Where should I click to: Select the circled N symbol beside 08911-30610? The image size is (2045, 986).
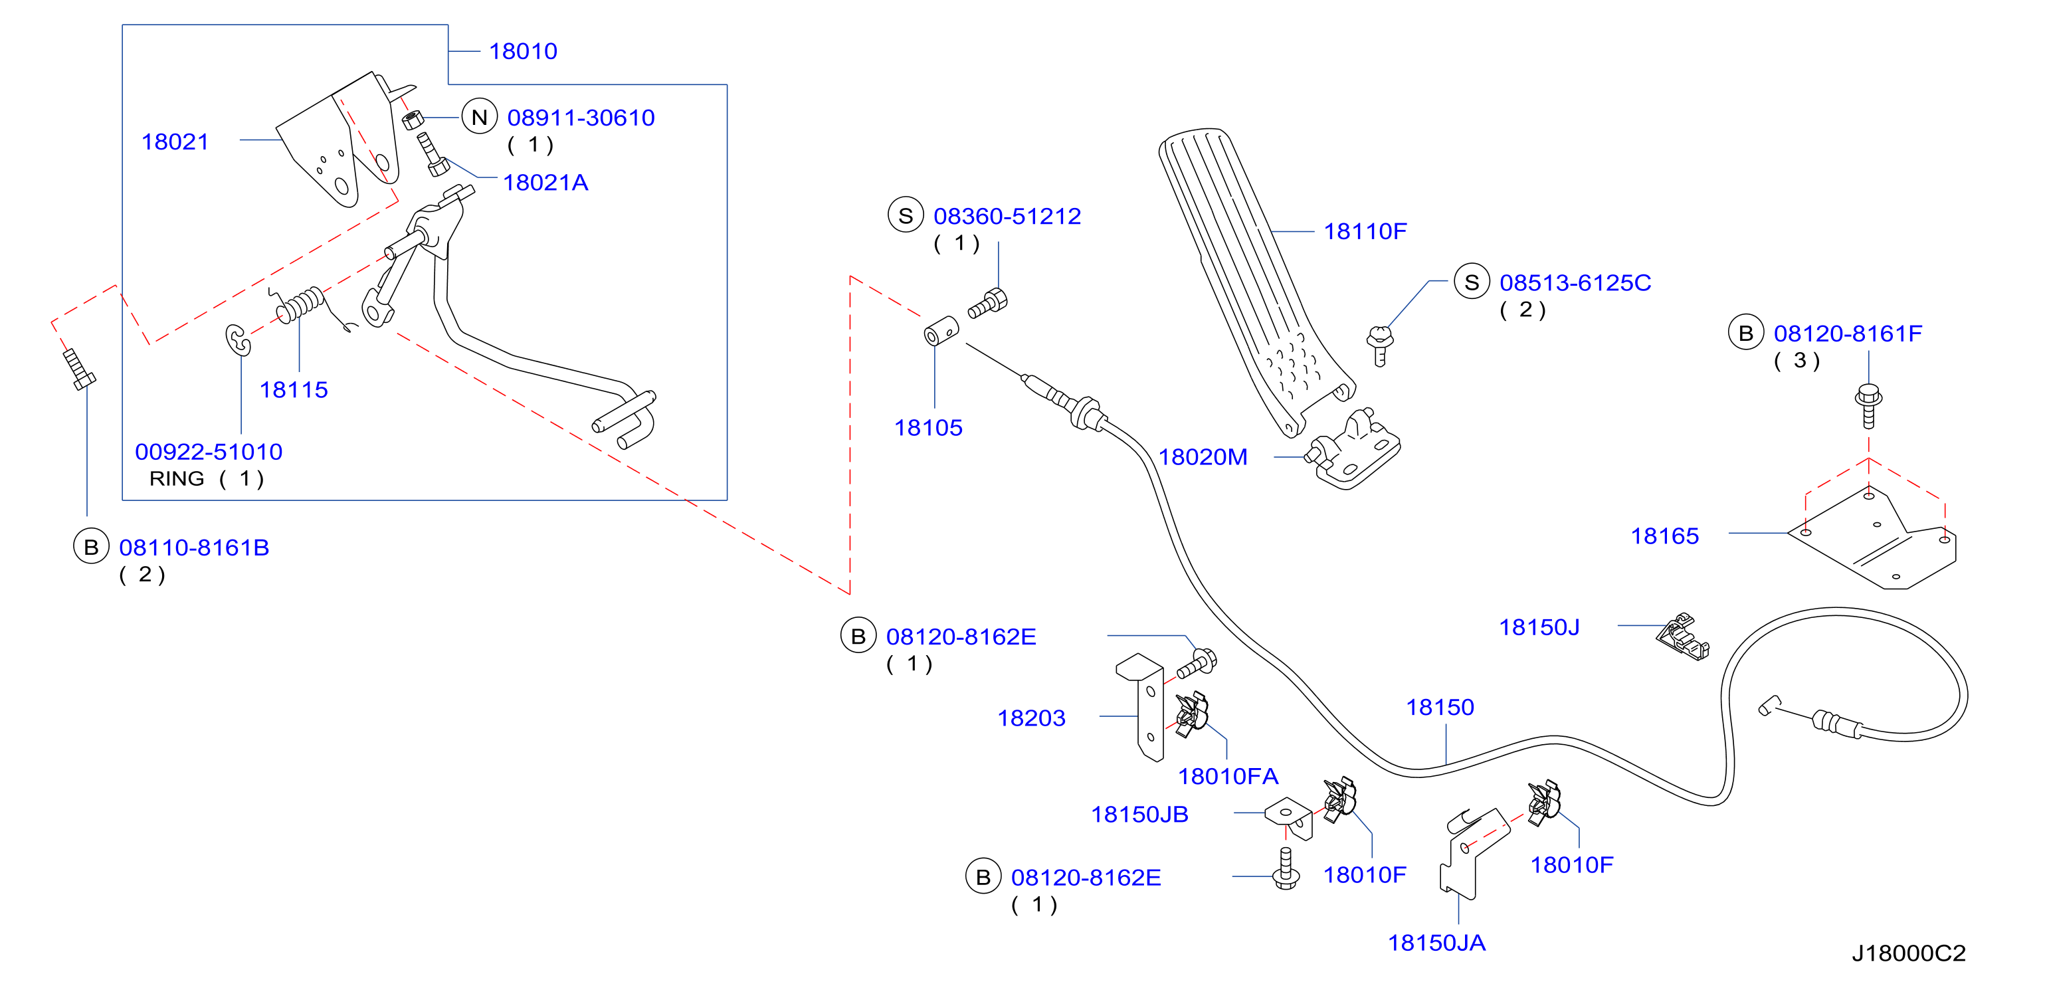[480, 118]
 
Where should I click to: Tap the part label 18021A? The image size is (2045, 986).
[545, 183]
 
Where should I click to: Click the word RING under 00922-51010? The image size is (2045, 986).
[176, 478]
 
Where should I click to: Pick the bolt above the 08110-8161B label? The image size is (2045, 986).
[79, 369]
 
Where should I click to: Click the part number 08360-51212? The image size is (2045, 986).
[1007, 216]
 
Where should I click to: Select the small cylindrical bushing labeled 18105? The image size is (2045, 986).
[941, 330]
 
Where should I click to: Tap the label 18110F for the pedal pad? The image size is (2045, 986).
[1365, 231]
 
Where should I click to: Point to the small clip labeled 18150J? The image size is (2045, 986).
[1682, 636]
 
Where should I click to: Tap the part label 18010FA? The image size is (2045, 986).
[1227, 777]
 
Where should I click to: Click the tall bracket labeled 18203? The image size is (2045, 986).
[1141, 706]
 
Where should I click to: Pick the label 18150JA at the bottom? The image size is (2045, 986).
[1436, 942]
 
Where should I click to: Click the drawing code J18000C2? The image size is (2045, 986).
[1908, 953]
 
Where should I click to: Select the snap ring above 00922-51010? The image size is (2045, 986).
[237, 340]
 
